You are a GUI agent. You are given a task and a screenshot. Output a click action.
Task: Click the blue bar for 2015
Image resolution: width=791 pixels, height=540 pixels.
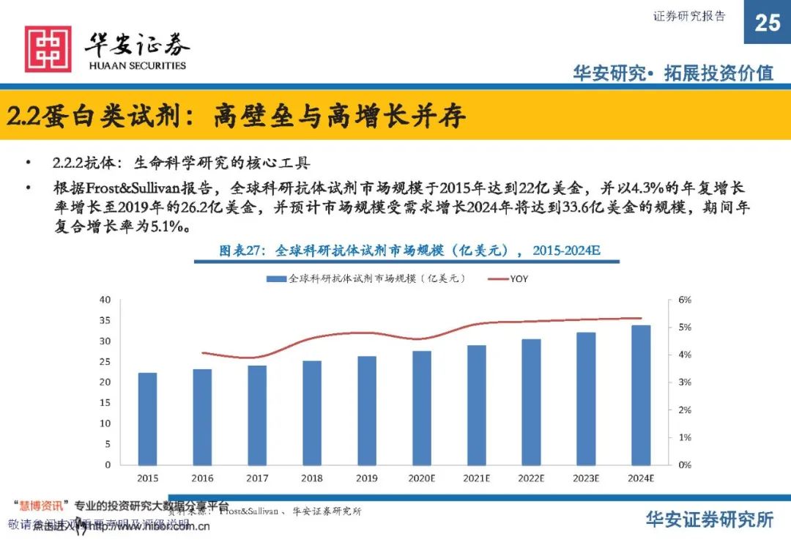[x=147, y=418]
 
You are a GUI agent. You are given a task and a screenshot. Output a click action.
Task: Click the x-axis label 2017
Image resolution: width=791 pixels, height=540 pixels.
[x=257, y=478]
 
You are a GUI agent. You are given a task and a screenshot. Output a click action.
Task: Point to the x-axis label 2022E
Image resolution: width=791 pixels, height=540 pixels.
[x=532, y=478]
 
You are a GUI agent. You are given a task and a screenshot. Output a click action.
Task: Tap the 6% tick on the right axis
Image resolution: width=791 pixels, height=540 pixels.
[x=683, y=300]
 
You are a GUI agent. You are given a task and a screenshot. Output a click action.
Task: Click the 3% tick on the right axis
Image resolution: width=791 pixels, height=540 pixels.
[x=683, y=382]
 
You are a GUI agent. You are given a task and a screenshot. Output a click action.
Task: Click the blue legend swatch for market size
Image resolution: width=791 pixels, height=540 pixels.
[x=275, y=278]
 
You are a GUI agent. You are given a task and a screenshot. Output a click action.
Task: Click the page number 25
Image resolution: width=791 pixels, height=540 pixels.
[x=767, y=23]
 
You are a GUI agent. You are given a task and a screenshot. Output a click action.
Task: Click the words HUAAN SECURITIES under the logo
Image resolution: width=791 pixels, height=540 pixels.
[x=137, y=65]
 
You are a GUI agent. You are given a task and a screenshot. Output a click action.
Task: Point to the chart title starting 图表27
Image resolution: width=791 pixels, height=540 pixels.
[x=409, y=251]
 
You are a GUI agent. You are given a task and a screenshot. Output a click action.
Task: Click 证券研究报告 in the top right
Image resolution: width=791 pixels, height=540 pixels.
[x=689, y=16]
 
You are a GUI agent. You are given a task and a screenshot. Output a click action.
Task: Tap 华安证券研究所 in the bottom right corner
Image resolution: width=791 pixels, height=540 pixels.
[x=709, y=519]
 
